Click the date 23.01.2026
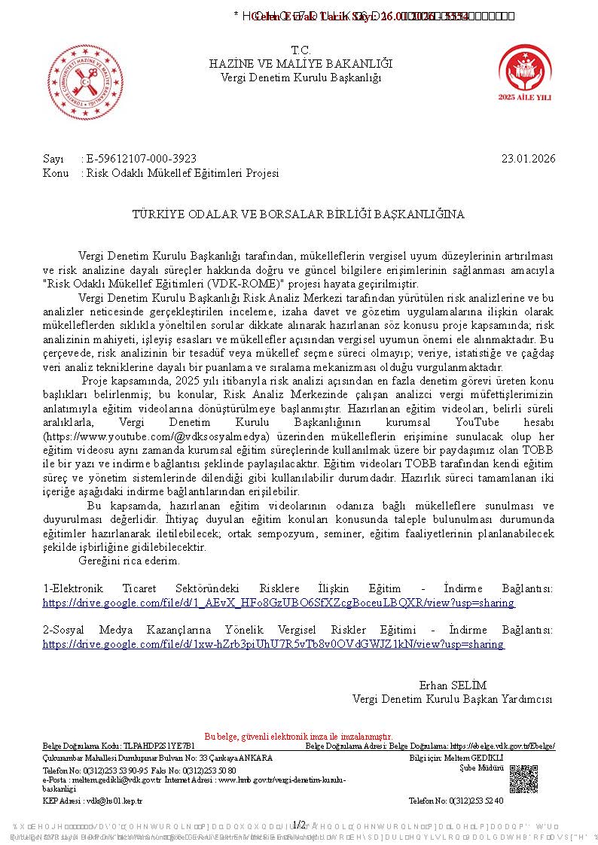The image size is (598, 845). coord(528,158)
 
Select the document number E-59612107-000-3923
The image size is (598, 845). coord(142,158)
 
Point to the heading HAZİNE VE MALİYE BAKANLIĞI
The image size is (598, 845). coord(301,64)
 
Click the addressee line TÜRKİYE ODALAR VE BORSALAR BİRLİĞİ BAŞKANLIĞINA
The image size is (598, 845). coord(298,214)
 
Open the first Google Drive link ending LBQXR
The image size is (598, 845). coord(279,603)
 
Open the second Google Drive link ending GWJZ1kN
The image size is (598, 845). coord(273,644)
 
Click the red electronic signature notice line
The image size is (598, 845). coord(298,736)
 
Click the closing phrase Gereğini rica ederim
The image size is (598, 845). coord(129,561)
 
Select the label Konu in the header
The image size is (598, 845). coord(55,173)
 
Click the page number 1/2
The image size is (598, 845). coord(299,825)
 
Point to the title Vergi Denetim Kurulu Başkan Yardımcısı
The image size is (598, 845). coord(452,699)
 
